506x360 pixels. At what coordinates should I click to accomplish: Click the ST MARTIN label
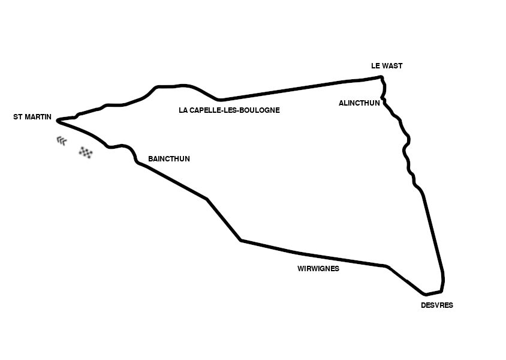32,117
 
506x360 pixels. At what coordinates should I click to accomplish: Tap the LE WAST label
387,66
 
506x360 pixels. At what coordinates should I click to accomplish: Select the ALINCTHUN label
359,103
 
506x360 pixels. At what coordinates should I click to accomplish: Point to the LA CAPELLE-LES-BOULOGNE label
229,110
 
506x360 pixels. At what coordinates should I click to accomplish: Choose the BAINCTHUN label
169,159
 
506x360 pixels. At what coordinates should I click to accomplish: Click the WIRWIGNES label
318,269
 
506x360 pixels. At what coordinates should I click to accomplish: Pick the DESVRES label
437,305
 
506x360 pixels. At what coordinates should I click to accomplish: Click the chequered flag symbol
86,152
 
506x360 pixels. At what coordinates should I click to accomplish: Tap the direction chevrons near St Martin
62,141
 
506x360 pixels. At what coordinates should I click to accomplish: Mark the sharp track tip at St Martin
58,121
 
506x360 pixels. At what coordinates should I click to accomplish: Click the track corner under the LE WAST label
382,77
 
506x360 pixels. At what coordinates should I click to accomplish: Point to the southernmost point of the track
425,295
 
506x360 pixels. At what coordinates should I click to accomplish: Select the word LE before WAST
375,66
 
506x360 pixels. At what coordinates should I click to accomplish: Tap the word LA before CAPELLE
183,110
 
